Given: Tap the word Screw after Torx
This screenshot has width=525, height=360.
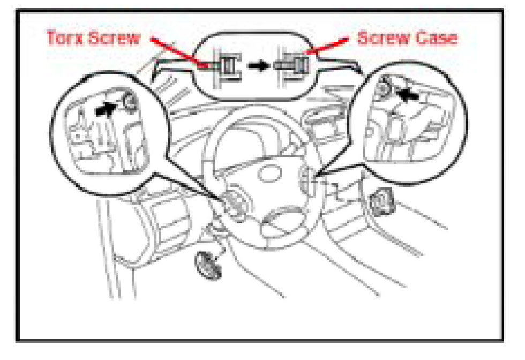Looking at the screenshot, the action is tap(115, 37).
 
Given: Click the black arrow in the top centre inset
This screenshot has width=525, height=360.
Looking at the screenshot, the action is tap(258, 65).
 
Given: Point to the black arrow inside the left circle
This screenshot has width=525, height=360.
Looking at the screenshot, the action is tap(107, 109).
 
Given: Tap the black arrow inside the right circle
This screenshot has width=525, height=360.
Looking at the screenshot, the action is tap(407, 94).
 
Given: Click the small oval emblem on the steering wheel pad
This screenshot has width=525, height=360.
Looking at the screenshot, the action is tap(270, 174).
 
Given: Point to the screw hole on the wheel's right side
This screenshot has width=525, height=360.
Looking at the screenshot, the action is tap(306, 181).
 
